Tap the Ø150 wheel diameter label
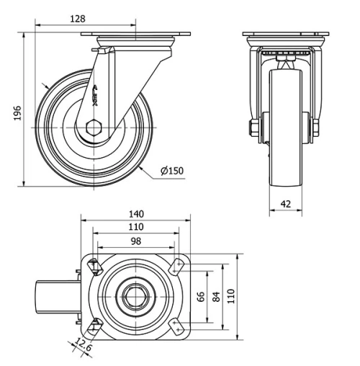click(172, 170)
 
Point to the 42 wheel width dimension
click(286, 204)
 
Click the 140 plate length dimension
click(136, 213)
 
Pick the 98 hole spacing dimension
click(135, 241)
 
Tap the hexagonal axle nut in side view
click(94, 130)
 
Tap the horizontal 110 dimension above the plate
click(136, 227)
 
